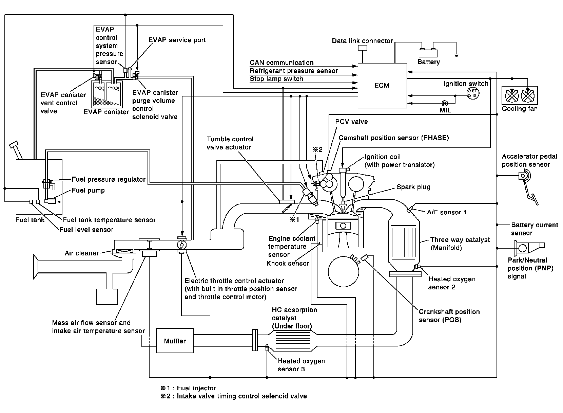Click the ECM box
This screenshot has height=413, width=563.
pos(382,85)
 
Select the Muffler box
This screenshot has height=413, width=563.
pos(175,341)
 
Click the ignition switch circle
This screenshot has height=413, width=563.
pos(473,93)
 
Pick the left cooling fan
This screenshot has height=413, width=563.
pos(512,96)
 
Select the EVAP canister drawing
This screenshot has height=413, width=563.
pos(106,94)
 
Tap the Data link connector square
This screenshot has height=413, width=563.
pos(362,48)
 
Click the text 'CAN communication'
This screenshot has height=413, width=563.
pos(281,62)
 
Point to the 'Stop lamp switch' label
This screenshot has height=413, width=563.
pos(276,79)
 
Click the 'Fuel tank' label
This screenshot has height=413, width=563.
pos(30,220)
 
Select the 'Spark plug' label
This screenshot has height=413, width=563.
pos(413,187)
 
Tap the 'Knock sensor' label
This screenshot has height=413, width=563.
pos(288,263)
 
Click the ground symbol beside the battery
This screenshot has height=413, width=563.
pos(457,54)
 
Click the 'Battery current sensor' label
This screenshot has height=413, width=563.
pos(534,229)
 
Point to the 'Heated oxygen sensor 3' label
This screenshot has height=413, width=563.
pos(301,365)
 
